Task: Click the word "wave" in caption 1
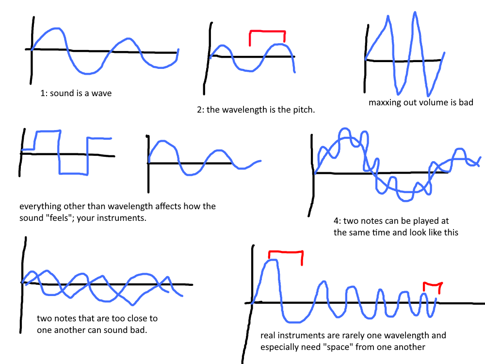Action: [x=101, y=93]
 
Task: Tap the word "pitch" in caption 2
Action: [x=303, y=110]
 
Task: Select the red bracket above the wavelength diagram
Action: [x=267, y=32]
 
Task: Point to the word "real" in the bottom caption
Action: [x=268, y=335]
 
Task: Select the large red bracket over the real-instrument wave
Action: [x=286, y=252]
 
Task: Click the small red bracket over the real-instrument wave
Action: [x=432, y=284]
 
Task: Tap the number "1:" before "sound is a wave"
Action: [x=44, y=93]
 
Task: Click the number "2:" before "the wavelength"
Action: [x=201, y=110]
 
